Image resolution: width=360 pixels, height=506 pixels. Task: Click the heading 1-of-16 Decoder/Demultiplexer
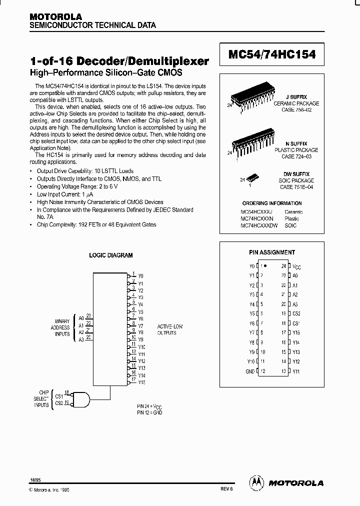119,61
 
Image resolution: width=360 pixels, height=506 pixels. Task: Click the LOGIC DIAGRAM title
111,255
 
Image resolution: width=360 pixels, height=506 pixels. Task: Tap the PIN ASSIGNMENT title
272,252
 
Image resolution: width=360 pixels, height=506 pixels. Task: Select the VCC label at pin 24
296,267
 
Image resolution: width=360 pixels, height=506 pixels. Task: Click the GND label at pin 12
250,371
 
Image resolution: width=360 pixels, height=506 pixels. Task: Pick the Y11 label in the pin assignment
296,371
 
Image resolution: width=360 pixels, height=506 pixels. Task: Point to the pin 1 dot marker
265,266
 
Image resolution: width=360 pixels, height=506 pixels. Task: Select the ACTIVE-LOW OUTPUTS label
170,329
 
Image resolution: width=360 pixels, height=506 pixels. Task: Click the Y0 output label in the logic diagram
141,275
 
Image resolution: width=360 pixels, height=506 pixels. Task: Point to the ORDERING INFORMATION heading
272,203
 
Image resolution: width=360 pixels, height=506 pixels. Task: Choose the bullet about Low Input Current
65,194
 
